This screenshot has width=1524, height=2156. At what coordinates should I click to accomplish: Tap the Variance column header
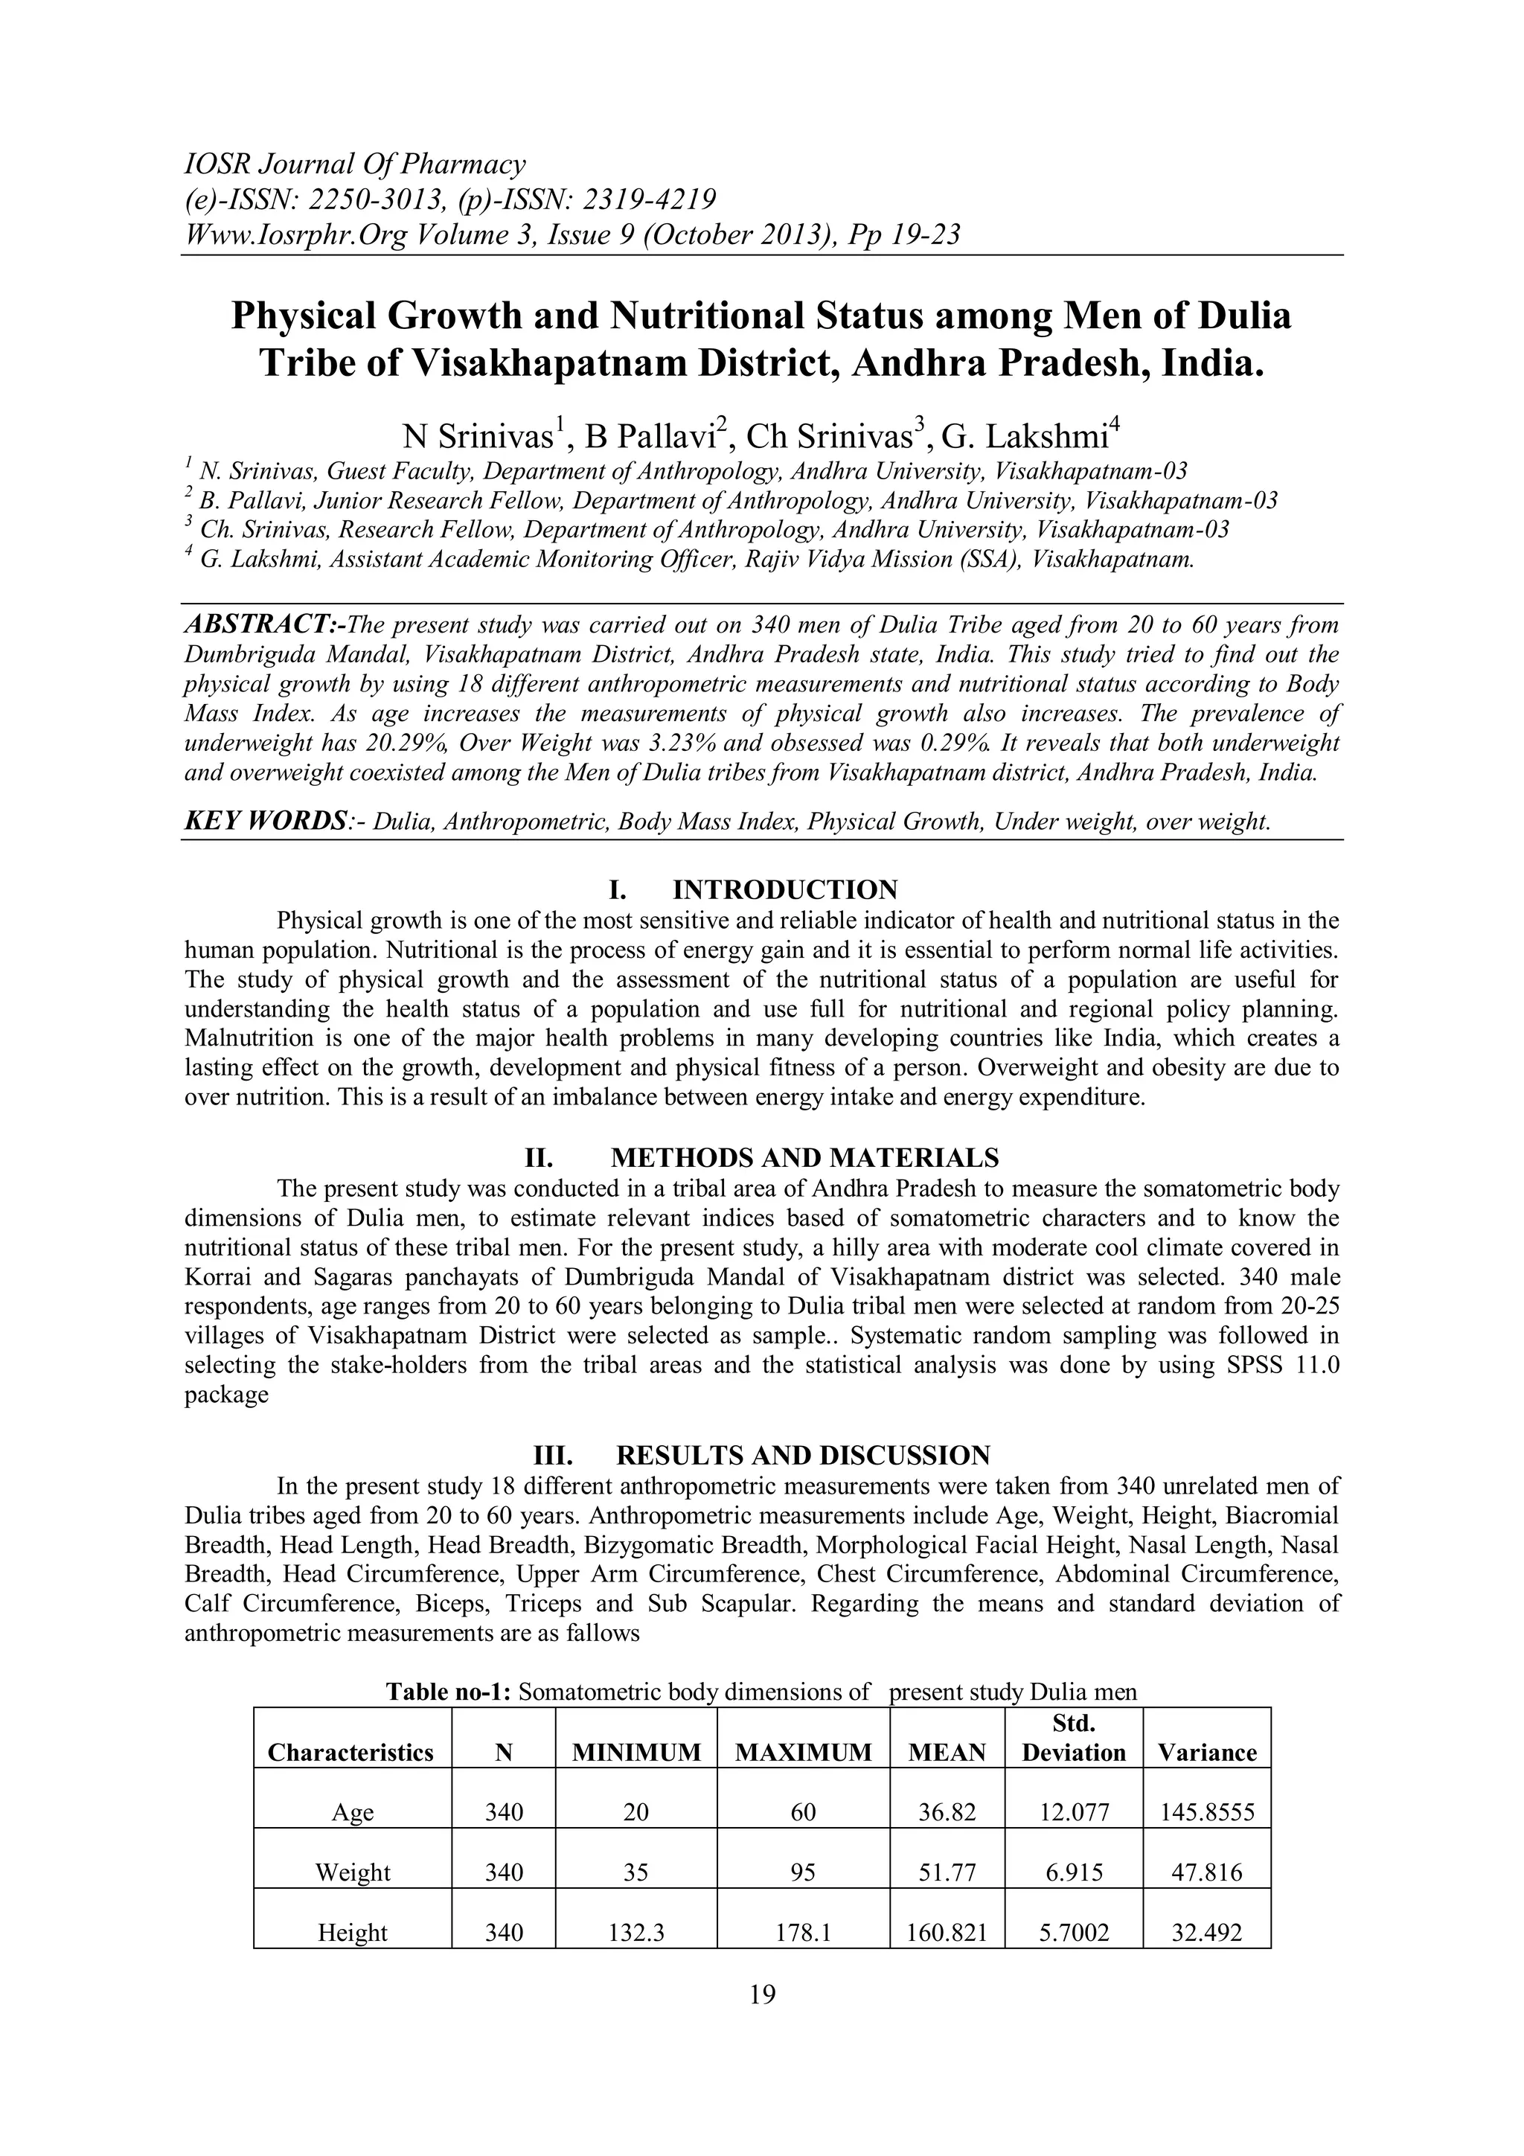coord(1206,1752)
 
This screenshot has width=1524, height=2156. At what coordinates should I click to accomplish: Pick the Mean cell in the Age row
coord(947,1812)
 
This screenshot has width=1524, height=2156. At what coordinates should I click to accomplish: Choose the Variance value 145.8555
coord(1206,1812)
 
